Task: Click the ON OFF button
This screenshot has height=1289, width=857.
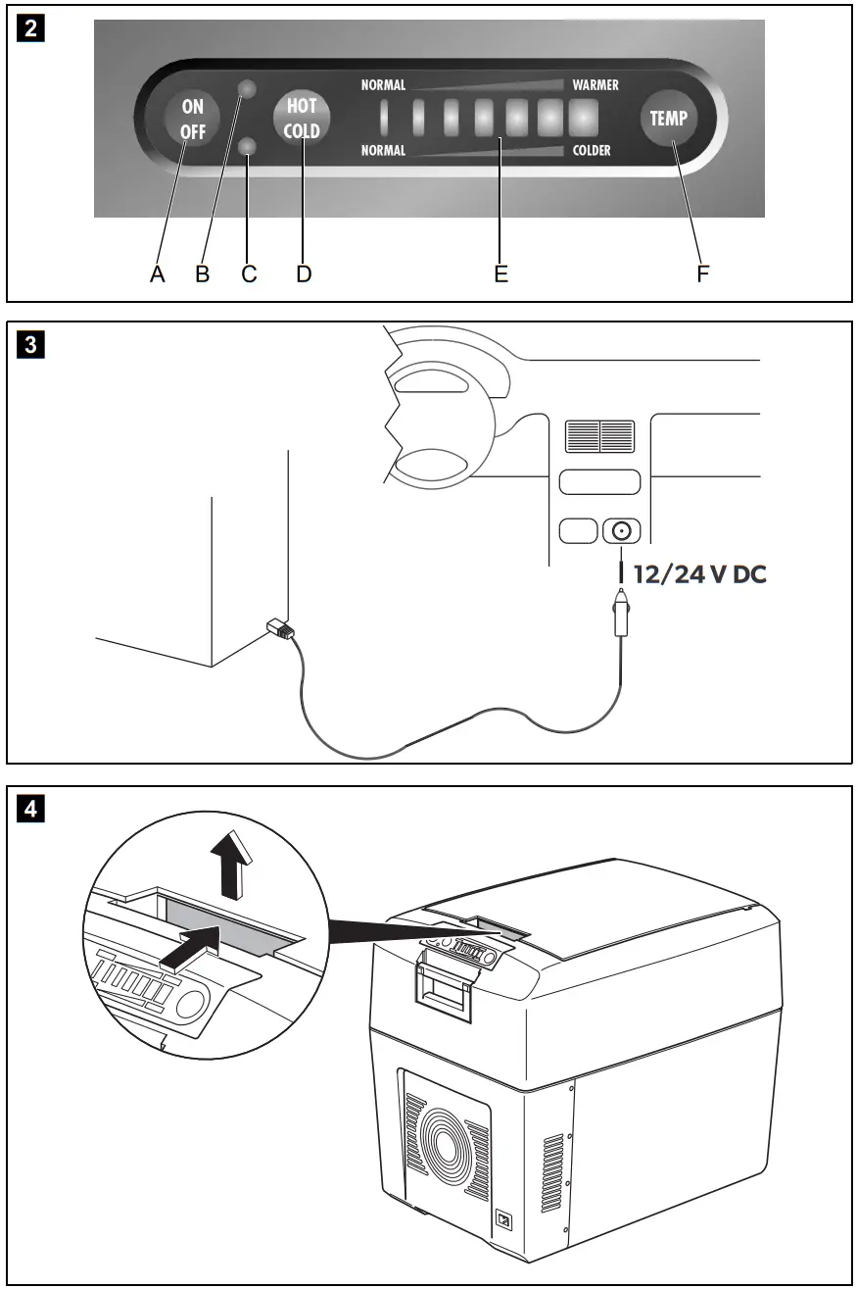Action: pyautogui.click(x=193, y=120)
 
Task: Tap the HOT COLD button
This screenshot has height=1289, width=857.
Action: pyautogui.click(x=302, y=120)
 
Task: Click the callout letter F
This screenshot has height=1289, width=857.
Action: pyautogui.click(x=702, y=274)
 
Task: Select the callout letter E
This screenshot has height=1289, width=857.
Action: pyautogui.click(x=500, y=274)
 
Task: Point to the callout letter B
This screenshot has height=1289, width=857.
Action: pyautogui.click(x=203, y=274)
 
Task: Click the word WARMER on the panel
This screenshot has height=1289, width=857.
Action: pyautogui.click(x=595, y=85)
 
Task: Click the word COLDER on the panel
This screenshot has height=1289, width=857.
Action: pyautogui.click(x=592, y=151)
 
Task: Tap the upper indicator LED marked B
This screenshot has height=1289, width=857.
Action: pyautogui.click(x=249, y=89)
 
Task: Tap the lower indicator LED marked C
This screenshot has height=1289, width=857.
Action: pyautogui.click(x=249, y=147)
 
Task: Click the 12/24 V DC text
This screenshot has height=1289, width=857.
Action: pyautogui.click(x=699, y=575)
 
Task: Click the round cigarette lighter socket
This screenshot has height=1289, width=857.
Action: pyautogui.click(x=621, y=531)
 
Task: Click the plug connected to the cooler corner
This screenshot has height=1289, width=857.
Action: pyautogui.click(x=279, y=630)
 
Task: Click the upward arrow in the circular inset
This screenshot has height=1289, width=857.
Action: pyautogui.click(x=231, y=868)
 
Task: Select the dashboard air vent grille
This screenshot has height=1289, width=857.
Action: pyautogui.click(x=599, y=436)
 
